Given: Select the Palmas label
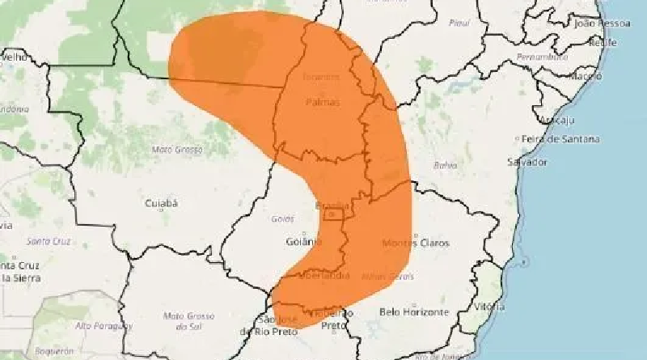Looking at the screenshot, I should (x=323, y=103).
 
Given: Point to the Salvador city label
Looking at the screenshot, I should (x=524, y=163).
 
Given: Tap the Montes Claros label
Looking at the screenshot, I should (x=416, y=243).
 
